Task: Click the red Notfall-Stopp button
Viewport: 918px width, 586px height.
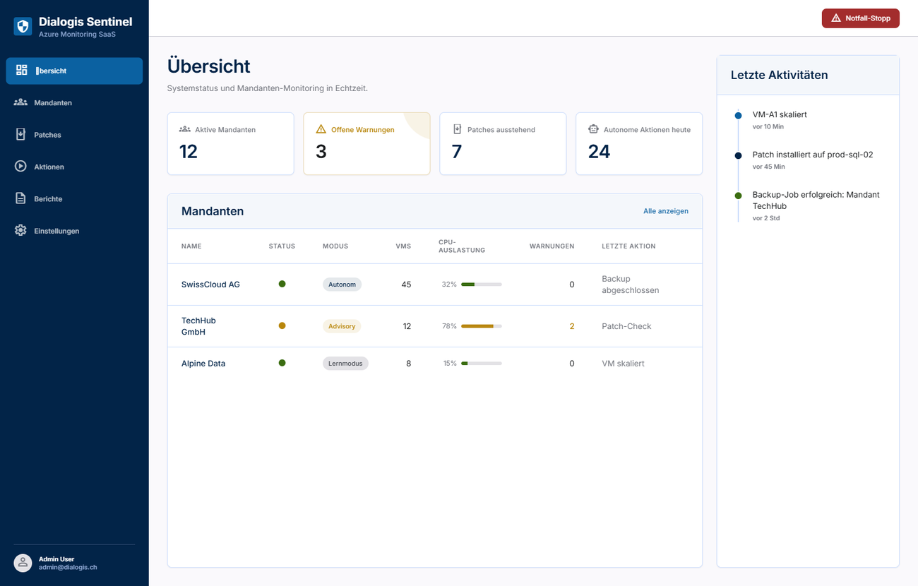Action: (x=860, y=18)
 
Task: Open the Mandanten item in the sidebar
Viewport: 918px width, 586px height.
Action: (x=53, y=103)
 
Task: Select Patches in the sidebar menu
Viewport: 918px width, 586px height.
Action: (x=47, y=135)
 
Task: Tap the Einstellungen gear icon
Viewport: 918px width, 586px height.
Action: (x=20, y=230)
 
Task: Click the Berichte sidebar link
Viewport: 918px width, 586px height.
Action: (x=48, y=199)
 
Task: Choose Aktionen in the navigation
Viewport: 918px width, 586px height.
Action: (x=49, y=167)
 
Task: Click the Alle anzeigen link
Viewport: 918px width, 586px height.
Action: (x=665, y=211)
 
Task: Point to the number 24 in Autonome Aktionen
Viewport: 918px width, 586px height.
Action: (x=599, y=152)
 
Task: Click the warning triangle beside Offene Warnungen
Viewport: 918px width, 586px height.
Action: (x=321, y=129)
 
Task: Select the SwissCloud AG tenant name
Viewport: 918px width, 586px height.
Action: (x=210, y=285)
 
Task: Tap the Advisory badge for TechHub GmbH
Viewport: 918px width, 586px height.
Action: (x=342, y=326)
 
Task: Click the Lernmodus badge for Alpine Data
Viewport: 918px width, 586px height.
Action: (x=345, y=364)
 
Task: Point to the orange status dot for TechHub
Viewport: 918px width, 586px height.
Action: (x=282, y=325)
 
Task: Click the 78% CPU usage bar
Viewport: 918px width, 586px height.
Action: (x=481, y=326)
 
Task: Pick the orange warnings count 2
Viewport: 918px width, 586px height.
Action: (x=572, y=326)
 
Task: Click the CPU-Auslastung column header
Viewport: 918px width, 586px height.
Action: (x=461, y=246)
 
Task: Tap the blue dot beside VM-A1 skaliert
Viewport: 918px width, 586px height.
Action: (x=738, y=116)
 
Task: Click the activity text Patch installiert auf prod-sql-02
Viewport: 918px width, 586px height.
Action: (x=812, y=155)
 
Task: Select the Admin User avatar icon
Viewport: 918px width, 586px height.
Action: (x=23, y=563)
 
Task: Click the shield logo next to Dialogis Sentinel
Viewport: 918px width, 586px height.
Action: (x=23, y=26)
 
